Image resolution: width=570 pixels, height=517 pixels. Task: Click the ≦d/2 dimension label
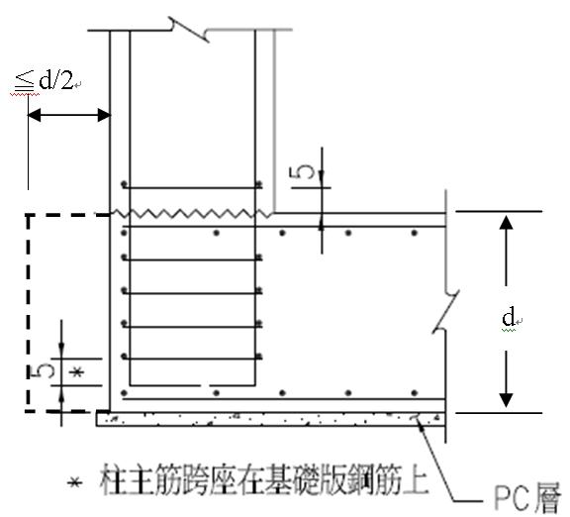coord(44,80)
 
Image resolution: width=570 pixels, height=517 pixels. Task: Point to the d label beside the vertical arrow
coord(509,316)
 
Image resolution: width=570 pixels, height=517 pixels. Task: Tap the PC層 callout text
coord(527,498)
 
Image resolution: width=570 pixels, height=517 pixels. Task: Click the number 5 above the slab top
coord(302,172)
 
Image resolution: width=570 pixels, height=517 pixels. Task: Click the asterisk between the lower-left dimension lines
coord(77,372)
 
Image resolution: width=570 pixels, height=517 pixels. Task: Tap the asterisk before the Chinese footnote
coord(74,482)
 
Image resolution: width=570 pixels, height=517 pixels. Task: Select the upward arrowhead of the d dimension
coord(506,222)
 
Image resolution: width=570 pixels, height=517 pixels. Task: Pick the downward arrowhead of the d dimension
coord(506,400)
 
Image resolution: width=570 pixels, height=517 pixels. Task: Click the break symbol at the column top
coord(189,29)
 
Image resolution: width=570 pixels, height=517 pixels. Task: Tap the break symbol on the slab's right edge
coord(446,311)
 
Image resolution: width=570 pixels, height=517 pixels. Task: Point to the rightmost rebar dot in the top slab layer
coord(414,233)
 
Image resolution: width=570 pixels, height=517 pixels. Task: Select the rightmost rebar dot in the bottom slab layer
coord(414,393)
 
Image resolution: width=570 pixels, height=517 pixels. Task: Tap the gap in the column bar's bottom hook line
coord(205,385)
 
